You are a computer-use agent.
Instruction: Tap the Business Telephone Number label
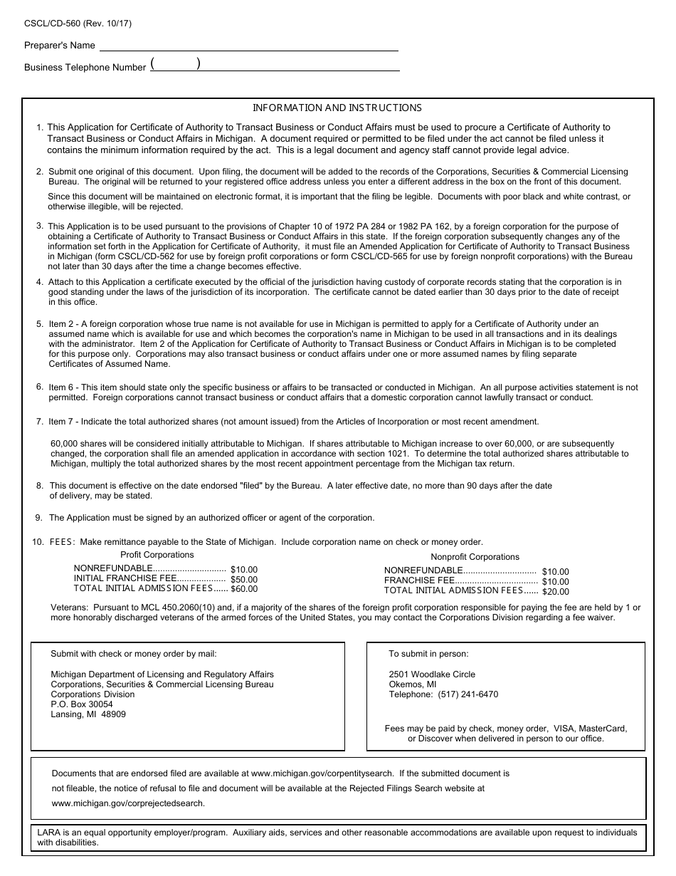coord(85,68)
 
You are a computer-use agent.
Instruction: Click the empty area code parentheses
coord(175,64)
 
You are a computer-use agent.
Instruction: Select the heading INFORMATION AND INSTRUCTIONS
coord(337,108)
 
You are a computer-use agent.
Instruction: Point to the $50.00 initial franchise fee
coord(244,580)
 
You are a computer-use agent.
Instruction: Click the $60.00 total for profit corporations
coord(244,589)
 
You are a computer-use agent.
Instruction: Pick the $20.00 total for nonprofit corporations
coord(555,591)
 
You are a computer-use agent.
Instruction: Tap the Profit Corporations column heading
coord(157,555)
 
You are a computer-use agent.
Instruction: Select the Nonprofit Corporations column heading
coord(475,557)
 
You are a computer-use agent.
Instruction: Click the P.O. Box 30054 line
coord(82,704)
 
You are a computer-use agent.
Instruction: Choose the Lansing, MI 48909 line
coord(88,714)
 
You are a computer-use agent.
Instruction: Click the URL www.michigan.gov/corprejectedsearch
coord(128,803)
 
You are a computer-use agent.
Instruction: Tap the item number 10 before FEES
coord(38,542)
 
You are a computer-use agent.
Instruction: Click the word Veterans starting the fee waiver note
coord(69,608)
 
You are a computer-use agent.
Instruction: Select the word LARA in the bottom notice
coord(48,832)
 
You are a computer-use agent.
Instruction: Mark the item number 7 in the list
coord(40,422)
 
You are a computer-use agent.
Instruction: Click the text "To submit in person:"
coord(428,654)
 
